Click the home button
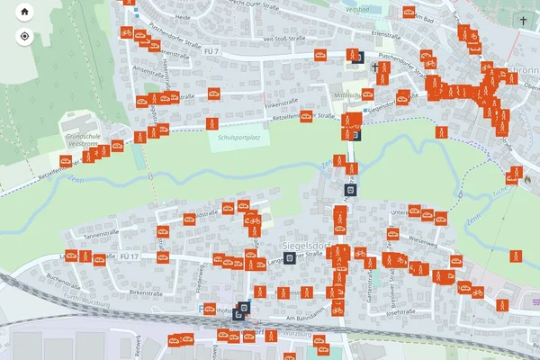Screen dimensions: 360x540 [x=24, y=13]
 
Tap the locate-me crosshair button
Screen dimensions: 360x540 [x=24, y=37]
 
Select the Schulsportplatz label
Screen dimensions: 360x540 [x=240, y=137]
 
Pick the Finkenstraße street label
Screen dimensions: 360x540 [x=281, y=105]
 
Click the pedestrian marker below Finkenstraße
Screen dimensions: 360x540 [x=213, y=122]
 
